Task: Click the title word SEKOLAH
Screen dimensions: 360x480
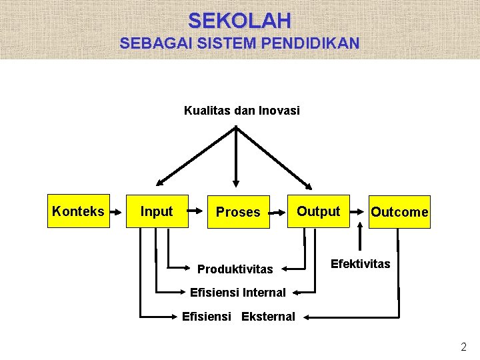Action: (239, 21)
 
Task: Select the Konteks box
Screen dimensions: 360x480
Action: (78, 211)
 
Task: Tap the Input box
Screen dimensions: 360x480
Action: (157, 211)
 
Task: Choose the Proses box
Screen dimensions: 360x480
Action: (238, 212)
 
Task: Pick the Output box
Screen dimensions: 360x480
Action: (318, 211)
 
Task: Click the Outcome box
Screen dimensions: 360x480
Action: (399, 212)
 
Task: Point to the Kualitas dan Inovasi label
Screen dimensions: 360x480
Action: (241, 111)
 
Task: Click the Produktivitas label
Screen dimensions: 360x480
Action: (235, 269)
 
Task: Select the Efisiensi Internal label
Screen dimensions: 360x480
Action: (237, 292)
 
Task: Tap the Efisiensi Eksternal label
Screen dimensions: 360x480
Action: (238, 316)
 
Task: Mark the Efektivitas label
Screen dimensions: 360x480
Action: (361, 264)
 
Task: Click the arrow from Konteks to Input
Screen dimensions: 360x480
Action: (117, 212)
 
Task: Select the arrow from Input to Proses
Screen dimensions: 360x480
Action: (197, 212)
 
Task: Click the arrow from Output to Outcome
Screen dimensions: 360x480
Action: (359, 212)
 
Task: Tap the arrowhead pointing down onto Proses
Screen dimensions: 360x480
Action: (235, 182)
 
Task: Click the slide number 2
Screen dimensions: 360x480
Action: (464, 347)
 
